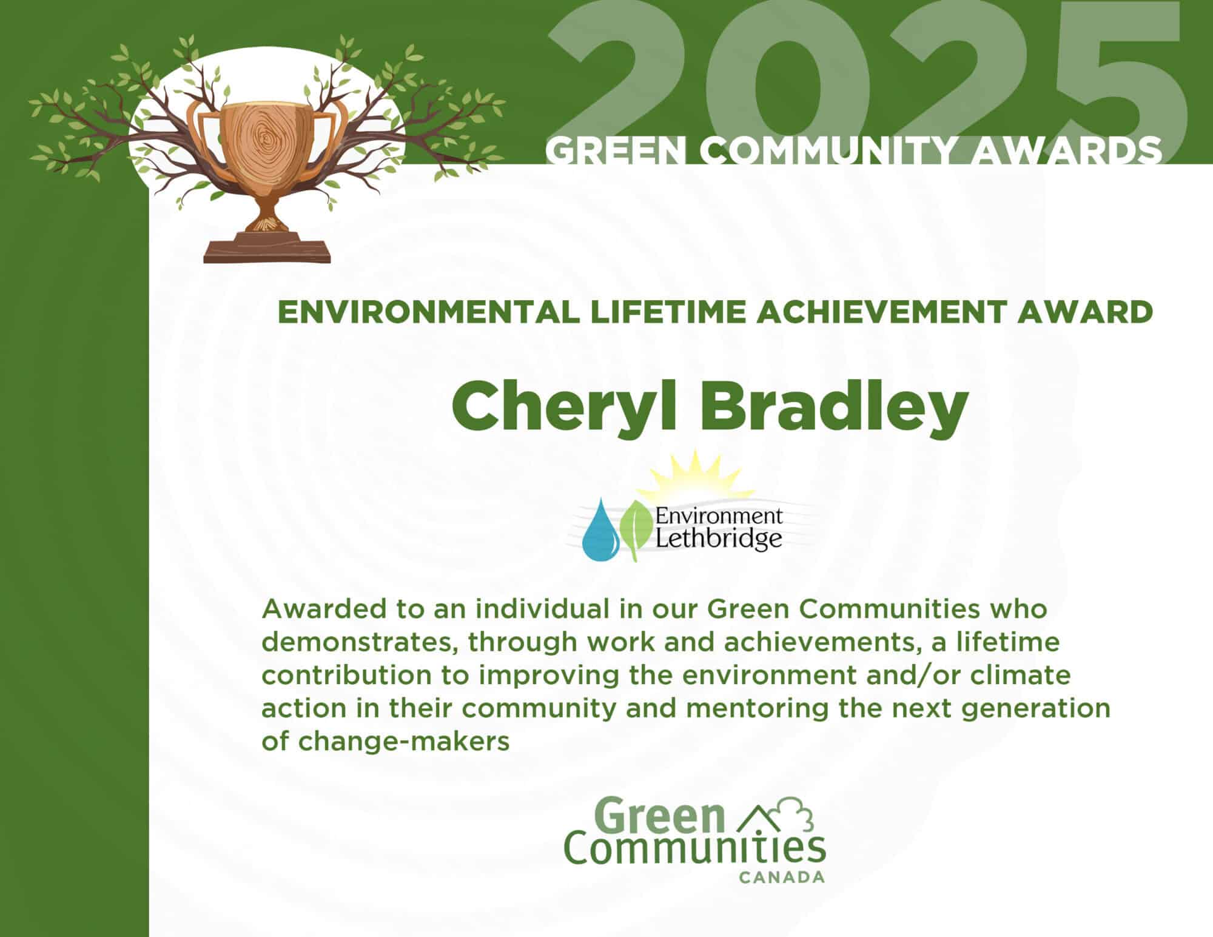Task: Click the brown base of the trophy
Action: point(267,247)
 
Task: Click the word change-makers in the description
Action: point(403,742)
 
